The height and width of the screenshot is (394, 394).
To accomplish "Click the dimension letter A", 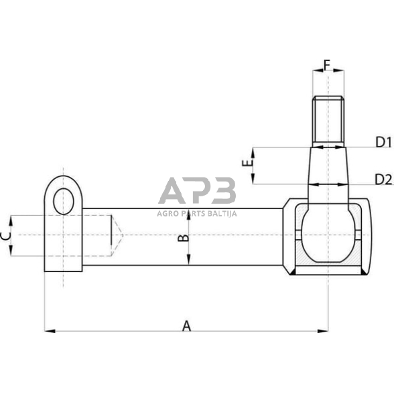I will click(187, 326).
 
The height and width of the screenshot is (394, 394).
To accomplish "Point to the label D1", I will click(383, 141).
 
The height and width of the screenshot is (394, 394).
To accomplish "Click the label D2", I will click(383, 179).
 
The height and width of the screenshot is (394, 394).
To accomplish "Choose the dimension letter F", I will click(327, 65).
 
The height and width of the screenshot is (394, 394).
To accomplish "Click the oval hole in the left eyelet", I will click(64, 200).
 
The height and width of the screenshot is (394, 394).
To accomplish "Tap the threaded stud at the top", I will click(328, 121).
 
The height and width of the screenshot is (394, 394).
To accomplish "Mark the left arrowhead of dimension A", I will click(48, 330).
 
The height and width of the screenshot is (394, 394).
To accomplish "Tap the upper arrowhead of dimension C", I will click(11, 218).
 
